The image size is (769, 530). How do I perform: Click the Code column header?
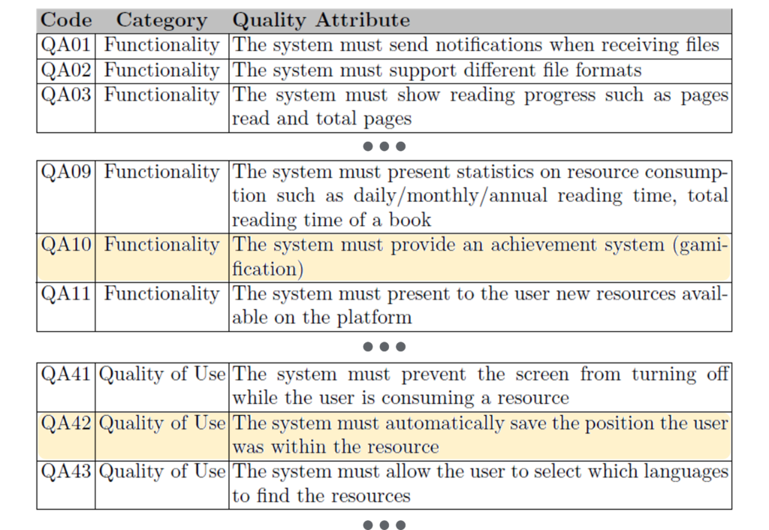[66, 20]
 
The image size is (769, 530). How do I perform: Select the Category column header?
[162, 21]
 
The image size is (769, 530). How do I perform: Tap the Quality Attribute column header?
[321, 20]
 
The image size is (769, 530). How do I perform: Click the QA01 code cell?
[66, 45]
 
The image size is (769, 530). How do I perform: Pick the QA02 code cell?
[66, 70]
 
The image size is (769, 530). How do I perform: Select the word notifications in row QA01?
[489, 45]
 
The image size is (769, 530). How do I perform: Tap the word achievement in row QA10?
[544, 245]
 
